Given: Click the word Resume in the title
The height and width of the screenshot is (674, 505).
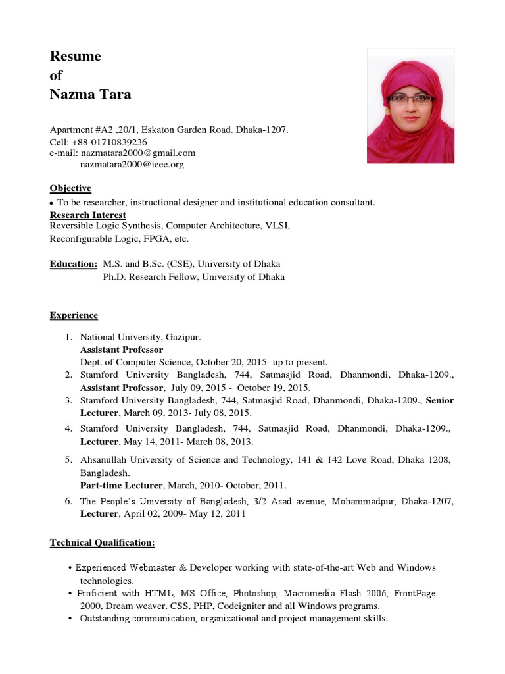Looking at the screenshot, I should click(76, 57).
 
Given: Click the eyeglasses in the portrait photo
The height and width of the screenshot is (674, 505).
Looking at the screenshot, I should click(411, 99).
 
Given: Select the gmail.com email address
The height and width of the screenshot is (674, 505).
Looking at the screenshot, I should click(143, 153).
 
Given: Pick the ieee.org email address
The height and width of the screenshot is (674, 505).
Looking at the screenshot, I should click(132, 164).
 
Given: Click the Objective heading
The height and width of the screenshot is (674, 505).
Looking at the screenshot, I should click(70, 188).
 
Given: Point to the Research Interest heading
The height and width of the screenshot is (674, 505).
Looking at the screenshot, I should click(88, 215).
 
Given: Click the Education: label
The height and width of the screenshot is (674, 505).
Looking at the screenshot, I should click(74, 264).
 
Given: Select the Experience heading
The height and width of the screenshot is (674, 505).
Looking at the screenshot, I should click(74, 315).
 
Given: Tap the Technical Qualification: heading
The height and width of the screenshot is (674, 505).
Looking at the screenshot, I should click(103, 542).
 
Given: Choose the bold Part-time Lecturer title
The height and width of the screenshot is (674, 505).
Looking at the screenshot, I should click(121, 486).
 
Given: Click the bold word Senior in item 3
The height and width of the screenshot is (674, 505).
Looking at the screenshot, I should click(440, 400).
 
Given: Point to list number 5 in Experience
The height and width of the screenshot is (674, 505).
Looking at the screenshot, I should click(68, 460).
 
